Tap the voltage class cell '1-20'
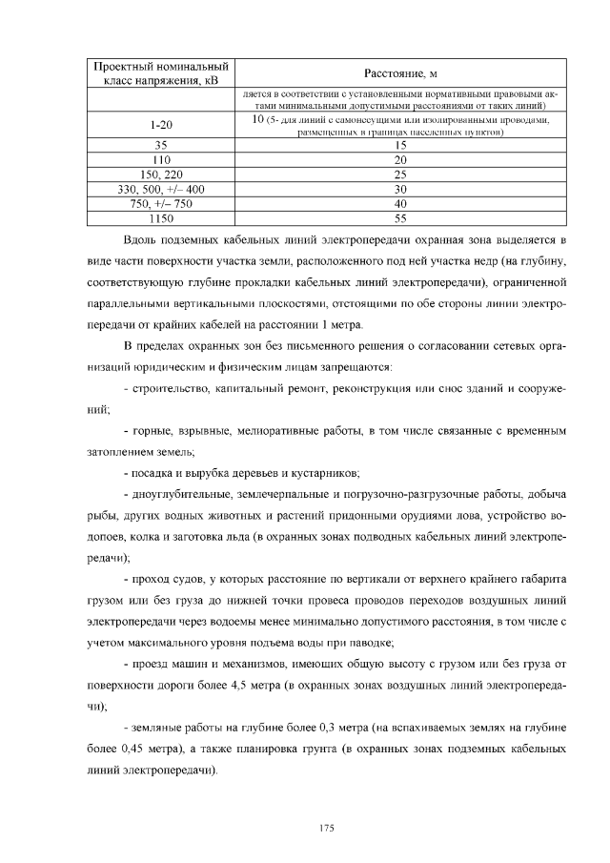coord(160,126)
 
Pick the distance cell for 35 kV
coord(400,146)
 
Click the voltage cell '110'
coord(160,160)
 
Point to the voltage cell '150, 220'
coord(160,175)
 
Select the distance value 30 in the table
coord(400,189)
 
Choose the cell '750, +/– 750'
coord(160,203)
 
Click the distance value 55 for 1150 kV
coord(400,217)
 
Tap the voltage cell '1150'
coord(160,217)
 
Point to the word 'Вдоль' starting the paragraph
coord(141,239)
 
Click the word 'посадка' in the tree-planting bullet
coord(152,473)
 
